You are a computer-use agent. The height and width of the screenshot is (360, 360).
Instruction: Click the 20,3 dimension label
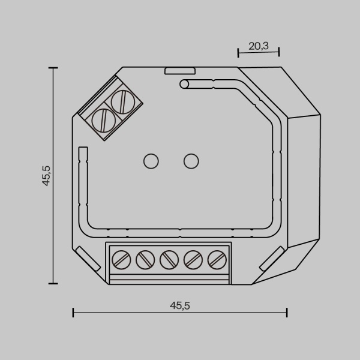[259, 45]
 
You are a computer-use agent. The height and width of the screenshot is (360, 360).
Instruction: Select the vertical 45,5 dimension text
[46, 176]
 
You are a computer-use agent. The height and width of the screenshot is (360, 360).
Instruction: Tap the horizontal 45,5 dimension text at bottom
[179, 305]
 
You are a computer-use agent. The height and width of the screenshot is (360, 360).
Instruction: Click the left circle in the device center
[151, 161]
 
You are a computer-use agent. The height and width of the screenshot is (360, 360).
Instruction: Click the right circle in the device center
[191, 161]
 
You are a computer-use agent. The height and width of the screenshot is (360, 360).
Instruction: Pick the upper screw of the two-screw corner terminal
[123, 102]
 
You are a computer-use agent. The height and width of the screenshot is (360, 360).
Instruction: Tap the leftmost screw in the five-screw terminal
[122, 260]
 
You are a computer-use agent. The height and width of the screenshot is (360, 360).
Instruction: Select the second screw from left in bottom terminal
[145, 260]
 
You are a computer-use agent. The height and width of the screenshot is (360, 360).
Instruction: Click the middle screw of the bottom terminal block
[169, 260]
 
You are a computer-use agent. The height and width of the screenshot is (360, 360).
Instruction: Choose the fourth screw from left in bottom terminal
[192, 260]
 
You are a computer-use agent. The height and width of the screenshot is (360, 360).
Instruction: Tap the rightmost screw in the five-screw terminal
[215, 260]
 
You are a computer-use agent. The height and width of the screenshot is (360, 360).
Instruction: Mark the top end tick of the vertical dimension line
[54, 68]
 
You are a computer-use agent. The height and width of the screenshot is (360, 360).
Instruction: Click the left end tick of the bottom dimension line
[73, 312]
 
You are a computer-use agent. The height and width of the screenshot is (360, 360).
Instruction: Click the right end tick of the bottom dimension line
[287, 312]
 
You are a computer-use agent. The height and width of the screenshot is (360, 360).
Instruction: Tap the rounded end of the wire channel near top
[184, 84]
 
